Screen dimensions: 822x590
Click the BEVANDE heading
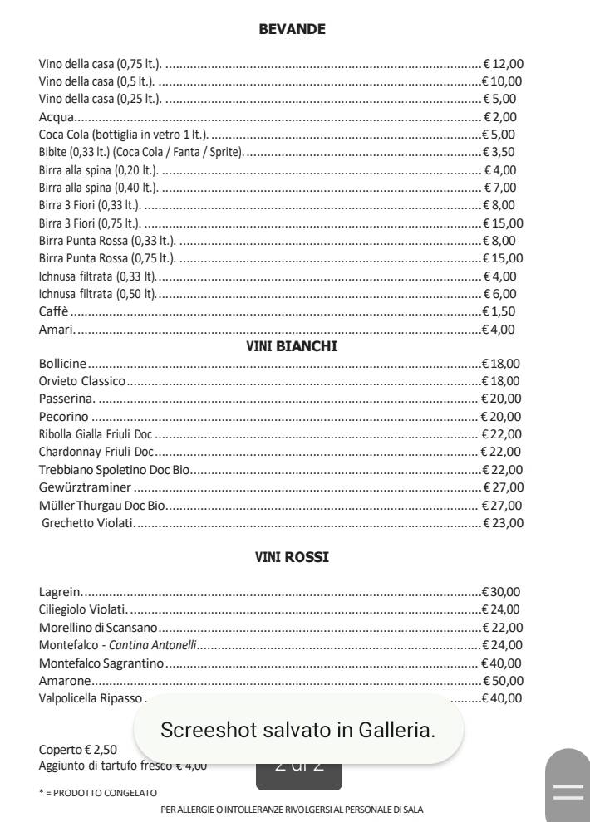tap(292, 29)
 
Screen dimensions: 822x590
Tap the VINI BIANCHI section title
tap(292, 346)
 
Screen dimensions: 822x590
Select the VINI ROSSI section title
tap(292, 557)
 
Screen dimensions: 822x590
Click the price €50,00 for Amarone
tap(503, 680)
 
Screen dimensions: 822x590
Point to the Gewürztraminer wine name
tap(86, 487)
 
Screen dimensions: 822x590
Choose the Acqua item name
tap(57, 117)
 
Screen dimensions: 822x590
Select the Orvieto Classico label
tap(82, 381)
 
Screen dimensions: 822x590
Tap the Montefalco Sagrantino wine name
tap(101, 663)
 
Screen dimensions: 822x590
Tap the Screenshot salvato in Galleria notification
tap(297, 730)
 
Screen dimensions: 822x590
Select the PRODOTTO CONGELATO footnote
tap(98, 793)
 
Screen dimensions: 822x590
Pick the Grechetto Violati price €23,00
tap(503, 523)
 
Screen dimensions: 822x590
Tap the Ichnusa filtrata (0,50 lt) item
tap(97, 294)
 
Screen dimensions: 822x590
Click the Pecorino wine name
tap(64, 417)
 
